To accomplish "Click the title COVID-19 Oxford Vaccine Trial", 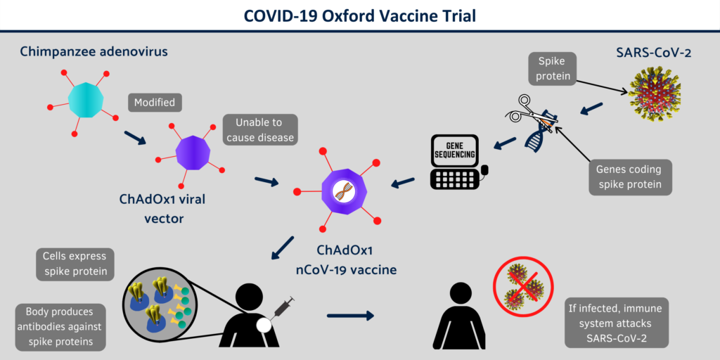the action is coord(360,15).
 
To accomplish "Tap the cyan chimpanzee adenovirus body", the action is coord(85,99).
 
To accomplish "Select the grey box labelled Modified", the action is coord(154,103).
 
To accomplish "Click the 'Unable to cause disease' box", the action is coord(260,130).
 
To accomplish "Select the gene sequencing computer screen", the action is coord(454,149).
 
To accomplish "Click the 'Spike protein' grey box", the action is coord(552,68).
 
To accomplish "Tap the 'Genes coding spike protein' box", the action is coord(629,177).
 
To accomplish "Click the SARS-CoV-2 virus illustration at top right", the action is coord(653,96).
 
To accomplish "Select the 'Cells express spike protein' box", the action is coord(75,264).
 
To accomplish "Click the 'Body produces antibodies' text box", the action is coord(61,327).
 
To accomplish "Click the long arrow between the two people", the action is coord(350,316).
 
